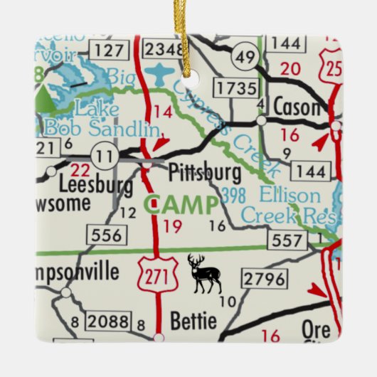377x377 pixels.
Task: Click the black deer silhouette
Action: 204,274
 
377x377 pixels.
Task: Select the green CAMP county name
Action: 181,206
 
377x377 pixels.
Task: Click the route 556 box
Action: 105,235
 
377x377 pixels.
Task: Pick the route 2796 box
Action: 264,278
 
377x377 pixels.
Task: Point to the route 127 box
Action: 107,50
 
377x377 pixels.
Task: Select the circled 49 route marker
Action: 246,57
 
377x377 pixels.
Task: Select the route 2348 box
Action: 163,49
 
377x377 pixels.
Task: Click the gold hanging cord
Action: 188,28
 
